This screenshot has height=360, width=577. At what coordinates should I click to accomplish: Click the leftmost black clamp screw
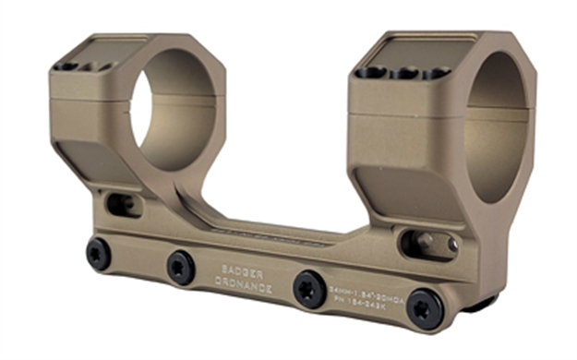[x=99, y=252]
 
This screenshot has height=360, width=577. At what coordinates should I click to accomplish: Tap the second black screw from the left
[x=181, y=266]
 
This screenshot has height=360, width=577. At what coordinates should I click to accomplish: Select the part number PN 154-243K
[x=367, y=301]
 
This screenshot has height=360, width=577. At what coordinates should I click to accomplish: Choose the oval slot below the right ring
[x=427, y=243]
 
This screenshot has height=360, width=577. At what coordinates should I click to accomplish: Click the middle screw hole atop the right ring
[x=403, y=73]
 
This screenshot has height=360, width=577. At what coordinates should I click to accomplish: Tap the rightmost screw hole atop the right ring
[x=437, y=73]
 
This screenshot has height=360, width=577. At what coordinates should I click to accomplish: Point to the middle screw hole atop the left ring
[x=83, y=66]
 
